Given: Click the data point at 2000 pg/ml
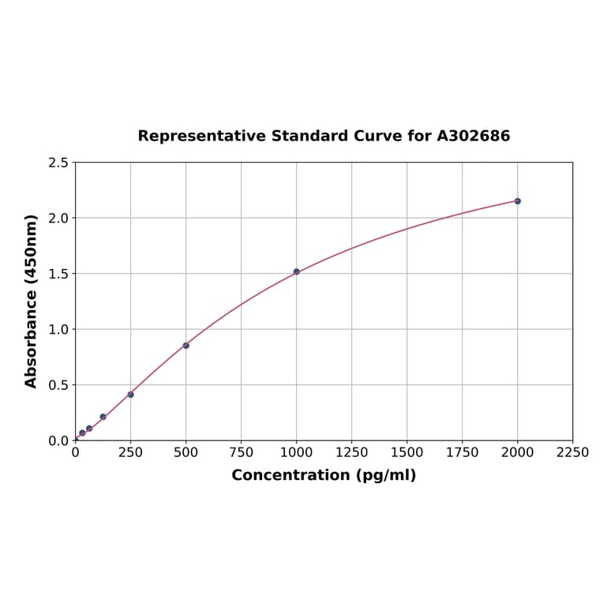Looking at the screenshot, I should (x=518, y=201).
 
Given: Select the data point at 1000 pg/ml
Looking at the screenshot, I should (x=297, y=272).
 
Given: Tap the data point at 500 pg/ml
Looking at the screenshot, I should (x=186, y=346).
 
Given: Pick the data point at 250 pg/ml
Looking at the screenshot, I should (x=131, y=395).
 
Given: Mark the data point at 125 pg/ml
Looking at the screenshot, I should (x=103, y=417).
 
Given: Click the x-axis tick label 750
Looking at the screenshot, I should (x=242, y=453).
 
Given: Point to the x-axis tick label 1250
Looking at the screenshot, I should (x=352, y=453).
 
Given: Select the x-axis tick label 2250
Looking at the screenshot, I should (x=573, y=453).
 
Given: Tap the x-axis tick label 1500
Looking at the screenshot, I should (x=407, y=453).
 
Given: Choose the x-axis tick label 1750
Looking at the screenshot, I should (x=463, y=453).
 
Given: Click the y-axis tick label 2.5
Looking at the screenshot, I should (x=58, y=163).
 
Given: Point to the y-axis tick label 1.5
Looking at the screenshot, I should (x=58, y=274).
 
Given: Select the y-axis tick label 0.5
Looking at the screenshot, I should (x=58, y=385).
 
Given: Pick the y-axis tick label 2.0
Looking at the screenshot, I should (x=58, y=218).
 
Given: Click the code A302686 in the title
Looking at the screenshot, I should (x=474, y=137).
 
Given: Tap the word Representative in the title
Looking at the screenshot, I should (x=202, y=137).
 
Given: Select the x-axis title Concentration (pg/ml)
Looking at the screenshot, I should (x=324, y=475).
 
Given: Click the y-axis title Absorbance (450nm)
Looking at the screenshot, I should (x=32, y=301).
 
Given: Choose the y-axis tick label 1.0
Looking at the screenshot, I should (x=58, y=329).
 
